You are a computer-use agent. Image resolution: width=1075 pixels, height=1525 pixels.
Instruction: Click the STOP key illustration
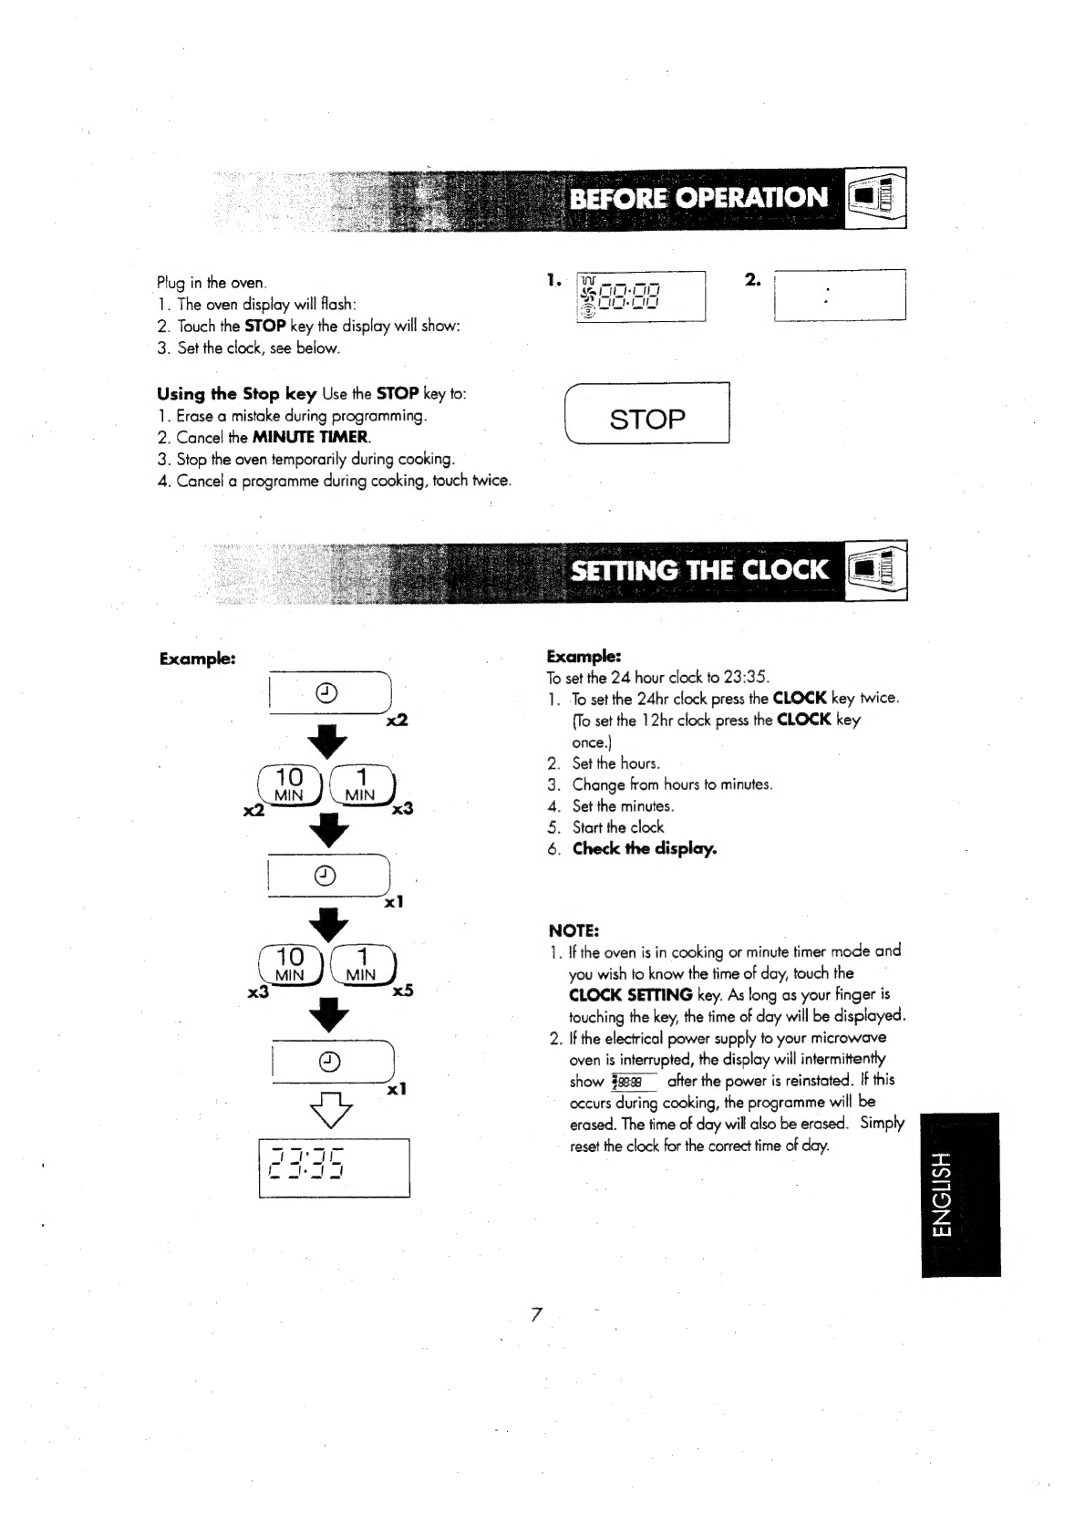point(646,418)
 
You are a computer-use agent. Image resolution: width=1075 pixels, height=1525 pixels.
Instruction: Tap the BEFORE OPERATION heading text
point(698,197)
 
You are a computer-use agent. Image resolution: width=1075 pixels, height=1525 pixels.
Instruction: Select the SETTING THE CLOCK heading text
point(699,570)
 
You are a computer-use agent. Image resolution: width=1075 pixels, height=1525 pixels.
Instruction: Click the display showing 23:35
point(334,1167)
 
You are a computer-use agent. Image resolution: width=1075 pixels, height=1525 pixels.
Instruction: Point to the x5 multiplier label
point(402,990)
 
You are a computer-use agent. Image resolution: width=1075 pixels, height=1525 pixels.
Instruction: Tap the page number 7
point(536,1314)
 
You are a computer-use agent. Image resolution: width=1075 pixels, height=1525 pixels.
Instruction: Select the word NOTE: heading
point(573,930)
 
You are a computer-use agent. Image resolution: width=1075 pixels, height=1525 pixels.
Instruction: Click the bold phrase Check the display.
point(644,848)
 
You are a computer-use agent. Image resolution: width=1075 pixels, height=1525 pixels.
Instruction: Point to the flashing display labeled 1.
point(642,296)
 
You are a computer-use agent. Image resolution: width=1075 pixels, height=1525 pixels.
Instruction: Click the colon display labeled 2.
point(839,295)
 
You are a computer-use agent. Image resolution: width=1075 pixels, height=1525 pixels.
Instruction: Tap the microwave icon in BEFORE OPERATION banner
point(876,197)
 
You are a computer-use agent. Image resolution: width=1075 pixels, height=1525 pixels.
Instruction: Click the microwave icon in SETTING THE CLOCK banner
point(876,571)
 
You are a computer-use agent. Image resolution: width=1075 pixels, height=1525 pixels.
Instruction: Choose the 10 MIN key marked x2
point(289,783)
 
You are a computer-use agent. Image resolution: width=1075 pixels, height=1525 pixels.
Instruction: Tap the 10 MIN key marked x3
point(290,963)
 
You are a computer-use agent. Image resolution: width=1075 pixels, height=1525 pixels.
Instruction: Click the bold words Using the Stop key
point(236,393)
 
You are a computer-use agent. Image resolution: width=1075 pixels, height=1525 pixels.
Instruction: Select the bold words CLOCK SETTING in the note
point(630,994)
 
